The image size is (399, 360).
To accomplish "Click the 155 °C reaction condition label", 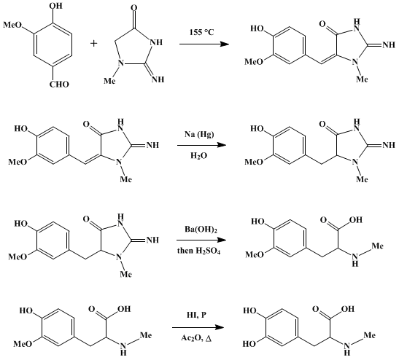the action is click(201, 32).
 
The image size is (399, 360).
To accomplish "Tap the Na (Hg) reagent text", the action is click(199, 134).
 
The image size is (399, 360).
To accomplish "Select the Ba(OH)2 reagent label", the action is click(201, 230).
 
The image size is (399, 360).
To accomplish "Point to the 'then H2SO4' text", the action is click(198, 251).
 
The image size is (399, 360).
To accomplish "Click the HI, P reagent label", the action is click(196, 315).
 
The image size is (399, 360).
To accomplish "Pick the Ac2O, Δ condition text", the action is click(196, 338).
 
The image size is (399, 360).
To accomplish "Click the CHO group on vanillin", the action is click(59, 84).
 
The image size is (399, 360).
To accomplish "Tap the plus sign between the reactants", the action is click(93, 44).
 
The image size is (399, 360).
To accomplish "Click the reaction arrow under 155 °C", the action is click(204, 44).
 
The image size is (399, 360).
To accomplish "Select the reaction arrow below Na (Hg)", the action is click(202, 145).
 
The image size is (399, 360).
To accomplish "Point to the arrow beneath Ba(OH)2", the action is click(201, 240).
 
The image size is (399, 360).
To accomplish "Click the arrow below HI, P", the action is click(198, 327).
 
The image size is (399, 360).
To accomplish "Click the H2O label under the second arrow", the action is click(198, 156).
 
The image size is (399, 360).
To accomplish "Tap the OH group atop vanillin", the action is click(56, 6).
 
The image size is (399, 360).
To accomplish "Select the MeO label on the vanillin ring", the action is click(12, 25).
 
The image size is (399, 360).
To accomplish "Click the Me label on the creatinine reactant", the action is click(109, 81).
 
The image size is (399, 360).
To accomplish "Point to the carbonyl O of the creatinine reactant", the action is click(133, 8).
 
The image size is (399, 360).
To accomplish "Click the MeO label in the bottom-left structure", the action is click(23, 344).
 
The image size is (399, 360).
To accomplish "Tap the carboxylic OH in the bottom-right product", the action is click(348, 309).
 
